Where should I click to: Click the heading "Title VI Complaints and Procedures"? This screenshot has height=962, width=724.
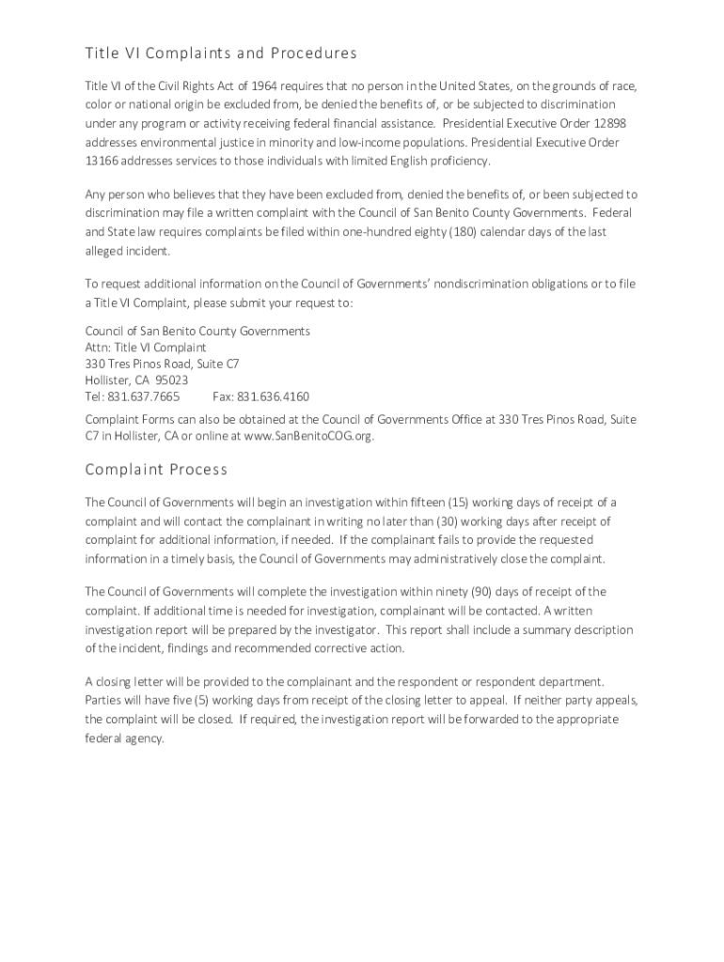[x=221, y=54]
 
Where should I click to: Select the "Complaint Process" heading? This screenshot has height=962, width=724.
[x=156, y=469]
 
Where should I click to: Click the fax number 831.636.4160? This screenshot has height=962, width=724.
[x=273, y=396]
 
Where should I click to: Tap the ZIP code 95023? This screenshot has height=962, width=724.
[x=171, y=380]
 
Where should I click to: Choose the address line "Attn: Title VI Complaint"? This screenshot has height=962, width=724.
[x=146, y=348]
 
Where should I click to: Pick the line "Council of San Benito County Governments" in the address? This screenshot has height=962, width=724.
[x=197, y=332]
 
